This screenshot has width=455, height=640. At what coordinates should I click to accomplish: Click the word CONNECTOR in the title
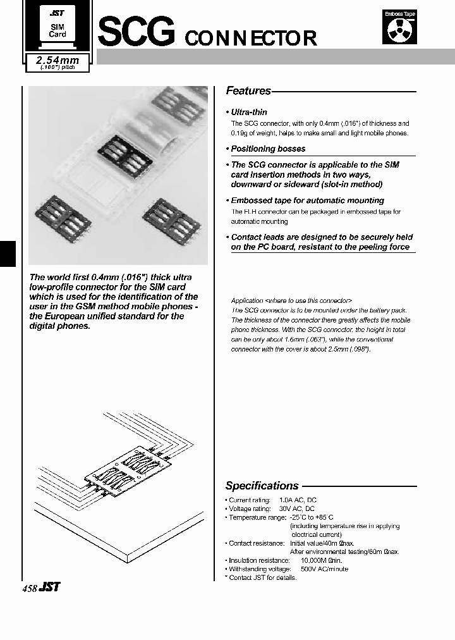pyautogui.click(x=250, y=38)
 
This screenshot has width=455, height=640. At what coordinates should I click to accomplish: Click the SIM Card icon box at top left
pyautogui.click(x=58, y=29)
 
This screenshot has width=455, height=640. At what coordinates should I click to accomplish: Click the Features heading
pyautogui.click(x=248, y=90)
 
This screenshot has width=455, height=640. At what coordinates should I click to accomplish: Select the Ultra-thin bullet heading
pyautogui.click(x=249, y=112)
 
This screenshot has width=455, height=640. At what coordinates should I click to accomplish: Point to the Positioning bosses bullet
pyautogui.click(x=268, y=149)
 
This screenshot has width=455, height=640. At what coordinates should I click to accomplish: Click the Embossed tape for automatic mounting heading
pyautogui.click(x=307, y=200)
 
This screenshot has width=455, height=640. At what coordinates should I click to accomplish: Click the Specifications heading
pyautogui.click(x=262, y=486)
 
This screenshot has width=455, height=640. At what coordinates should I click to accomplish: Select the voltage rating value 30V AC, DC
pyautogui.click(x=296, y=508)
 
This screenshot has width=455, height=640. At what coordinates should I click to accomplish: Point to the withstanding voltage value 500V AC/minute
pyautogui.click(x=324, y=569)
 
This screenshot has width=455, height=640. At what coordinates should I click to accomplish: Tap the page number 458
pyautogui.click(x=29, y=588)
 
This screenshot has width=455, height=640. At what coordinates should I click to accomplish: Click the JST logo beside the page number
pyautogui.click(x=49, y=588)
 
